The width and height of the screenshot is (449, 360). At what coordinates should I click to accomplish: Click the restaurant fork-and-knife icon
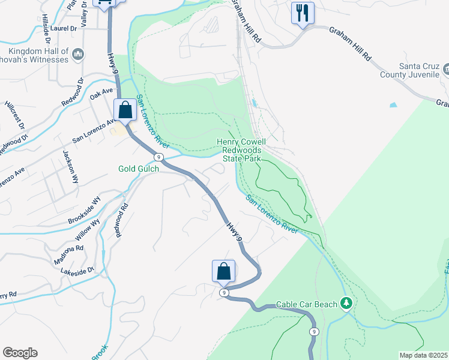pyautogui.click(x=302, y=13)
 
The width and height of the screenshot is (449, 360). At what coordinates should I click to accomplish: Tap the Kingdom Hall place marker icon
pyautogui.click(x=77, y=55)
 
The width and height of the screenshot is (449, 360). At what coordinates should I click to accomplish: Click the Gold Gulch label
pyautogui.click(x=139, y=169)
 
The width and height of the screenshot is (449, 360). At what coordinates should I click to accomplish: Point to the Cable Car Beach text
pyautogui.click(x=307, y=305)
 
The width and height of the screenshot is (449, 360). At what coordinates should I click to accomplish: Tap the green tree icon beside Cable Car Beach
pyautogui.click(x=346, y=304)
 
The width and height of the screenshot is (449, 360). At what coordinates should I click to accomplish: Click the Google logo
pyautogui.click(x=20, y=353)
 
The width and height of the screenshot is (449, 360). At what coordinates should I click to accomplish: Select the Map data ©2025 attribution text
pyautogui.click(x=423, y=355)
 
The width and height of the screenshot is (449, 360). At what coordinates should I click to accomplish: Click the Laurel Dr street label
pyautogui.click(x=64, y=28)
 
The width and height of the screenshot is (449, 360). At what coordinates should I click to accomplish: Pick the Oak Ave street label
pyautogui.click(x=101, y=94)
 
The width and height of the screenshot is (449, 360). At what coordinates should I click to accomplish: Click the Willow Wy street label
pyautogui.click(x=88, y=229)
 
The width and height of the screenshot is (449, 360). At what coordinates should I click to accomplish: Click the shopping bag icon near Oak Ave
pyautogui.click(x=125, y=110)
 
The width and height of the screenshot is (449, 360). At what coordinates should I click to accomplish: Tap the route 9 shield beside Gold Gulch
pyautogui.click(x=158, y=157)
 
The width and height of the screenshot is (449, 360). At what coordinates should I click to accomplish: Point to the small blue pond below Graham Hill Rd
pyautogui.click(x=393, y=104)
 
